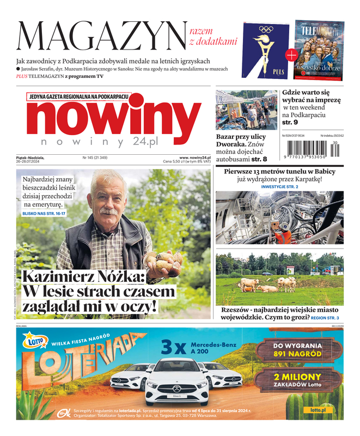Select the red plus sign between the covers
(x=291, y=55)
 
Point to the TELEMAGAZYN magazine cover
(x=319, y=50)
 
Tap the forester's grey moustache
(x=108, y=210)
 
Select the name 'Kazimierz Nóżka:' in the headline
(x=83, y=276)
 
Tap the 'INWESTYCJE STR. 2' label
(x=279, y=186)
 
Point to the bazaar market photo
(x=246, y=110)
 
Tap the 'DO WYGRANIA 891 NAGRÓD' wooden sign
(x=297, y=349)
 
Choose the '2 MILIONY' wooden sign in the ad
(x=297, y=380)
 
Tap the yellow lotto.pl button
(x=318, y=410)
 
